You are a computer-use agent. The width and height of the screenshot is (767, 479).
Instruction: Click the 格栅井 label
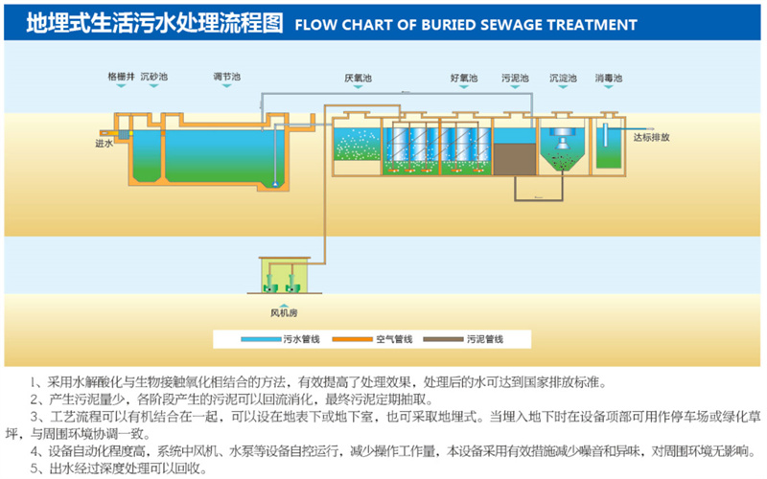coord(121,76)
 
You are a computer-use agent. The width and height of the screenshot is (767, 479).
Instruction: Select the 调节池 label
coord(227,76)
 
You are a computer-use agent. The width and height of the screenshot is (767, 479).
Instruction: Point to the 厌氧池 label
coord(356,77)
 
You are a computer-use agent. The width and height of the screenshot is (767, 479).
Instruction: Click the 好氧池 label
coord(462,77)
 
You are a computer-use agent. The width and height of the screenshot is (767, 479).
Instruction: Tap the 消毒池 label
coord(608,77)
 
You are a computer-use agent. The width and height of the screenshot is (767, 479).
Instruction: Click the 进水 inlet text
coord(104,144)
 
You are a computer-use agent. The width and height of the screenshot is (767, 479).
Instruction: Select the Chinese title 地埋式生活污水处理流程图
coord(154,23)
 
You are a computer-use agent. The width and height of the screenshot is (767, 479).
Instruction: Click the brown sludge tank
coord(514,158)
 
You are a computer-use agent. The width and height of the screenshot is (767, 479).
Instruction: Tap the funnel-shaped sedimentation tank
coord(563,151)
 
